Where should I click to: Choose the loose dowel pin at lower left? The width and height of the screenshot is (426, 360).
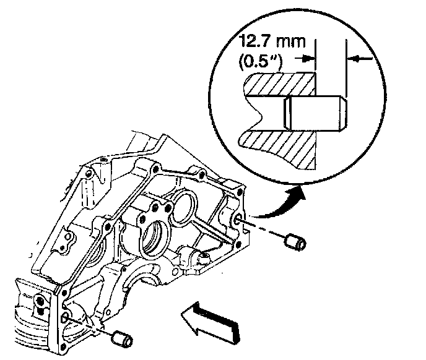122,339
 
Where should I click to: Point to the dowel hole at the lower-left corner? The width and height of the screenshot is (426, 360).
65,318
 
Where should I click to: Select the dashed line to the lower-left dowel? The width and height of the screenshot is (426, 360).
90,327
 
